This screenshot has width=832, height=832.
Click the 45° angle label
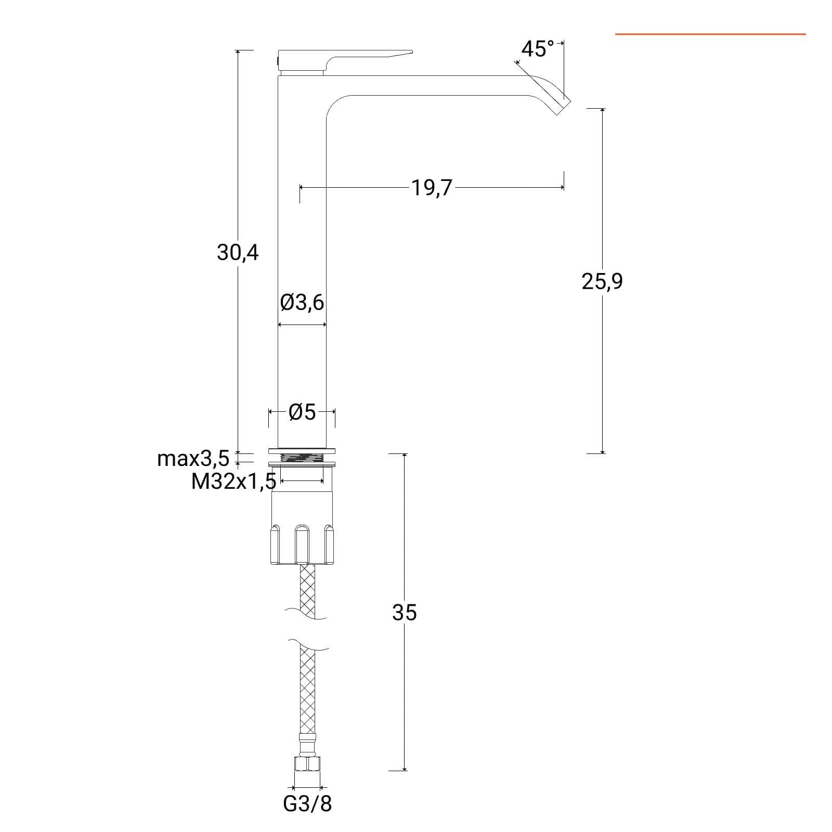[537, 49]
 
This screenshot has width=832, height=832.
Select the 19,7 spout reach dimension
[432, 187]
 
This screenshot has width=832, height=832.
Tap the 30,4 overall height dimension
[238, 253]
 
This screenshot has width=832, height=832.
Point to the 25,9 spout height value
[602, 281]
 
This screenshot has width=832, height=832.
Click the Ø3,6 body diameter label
[302, 302]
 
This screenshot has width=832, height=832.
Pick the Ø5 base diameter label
[302, 412]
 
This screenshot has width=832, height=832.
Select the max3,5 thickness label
[193, 459]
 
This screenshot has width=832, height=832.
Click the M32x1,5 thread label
[233, 482]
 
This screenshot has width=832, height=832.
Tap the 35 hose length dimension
[405, 613]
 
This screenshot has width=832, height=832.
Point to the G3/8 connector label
[307, 804]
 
